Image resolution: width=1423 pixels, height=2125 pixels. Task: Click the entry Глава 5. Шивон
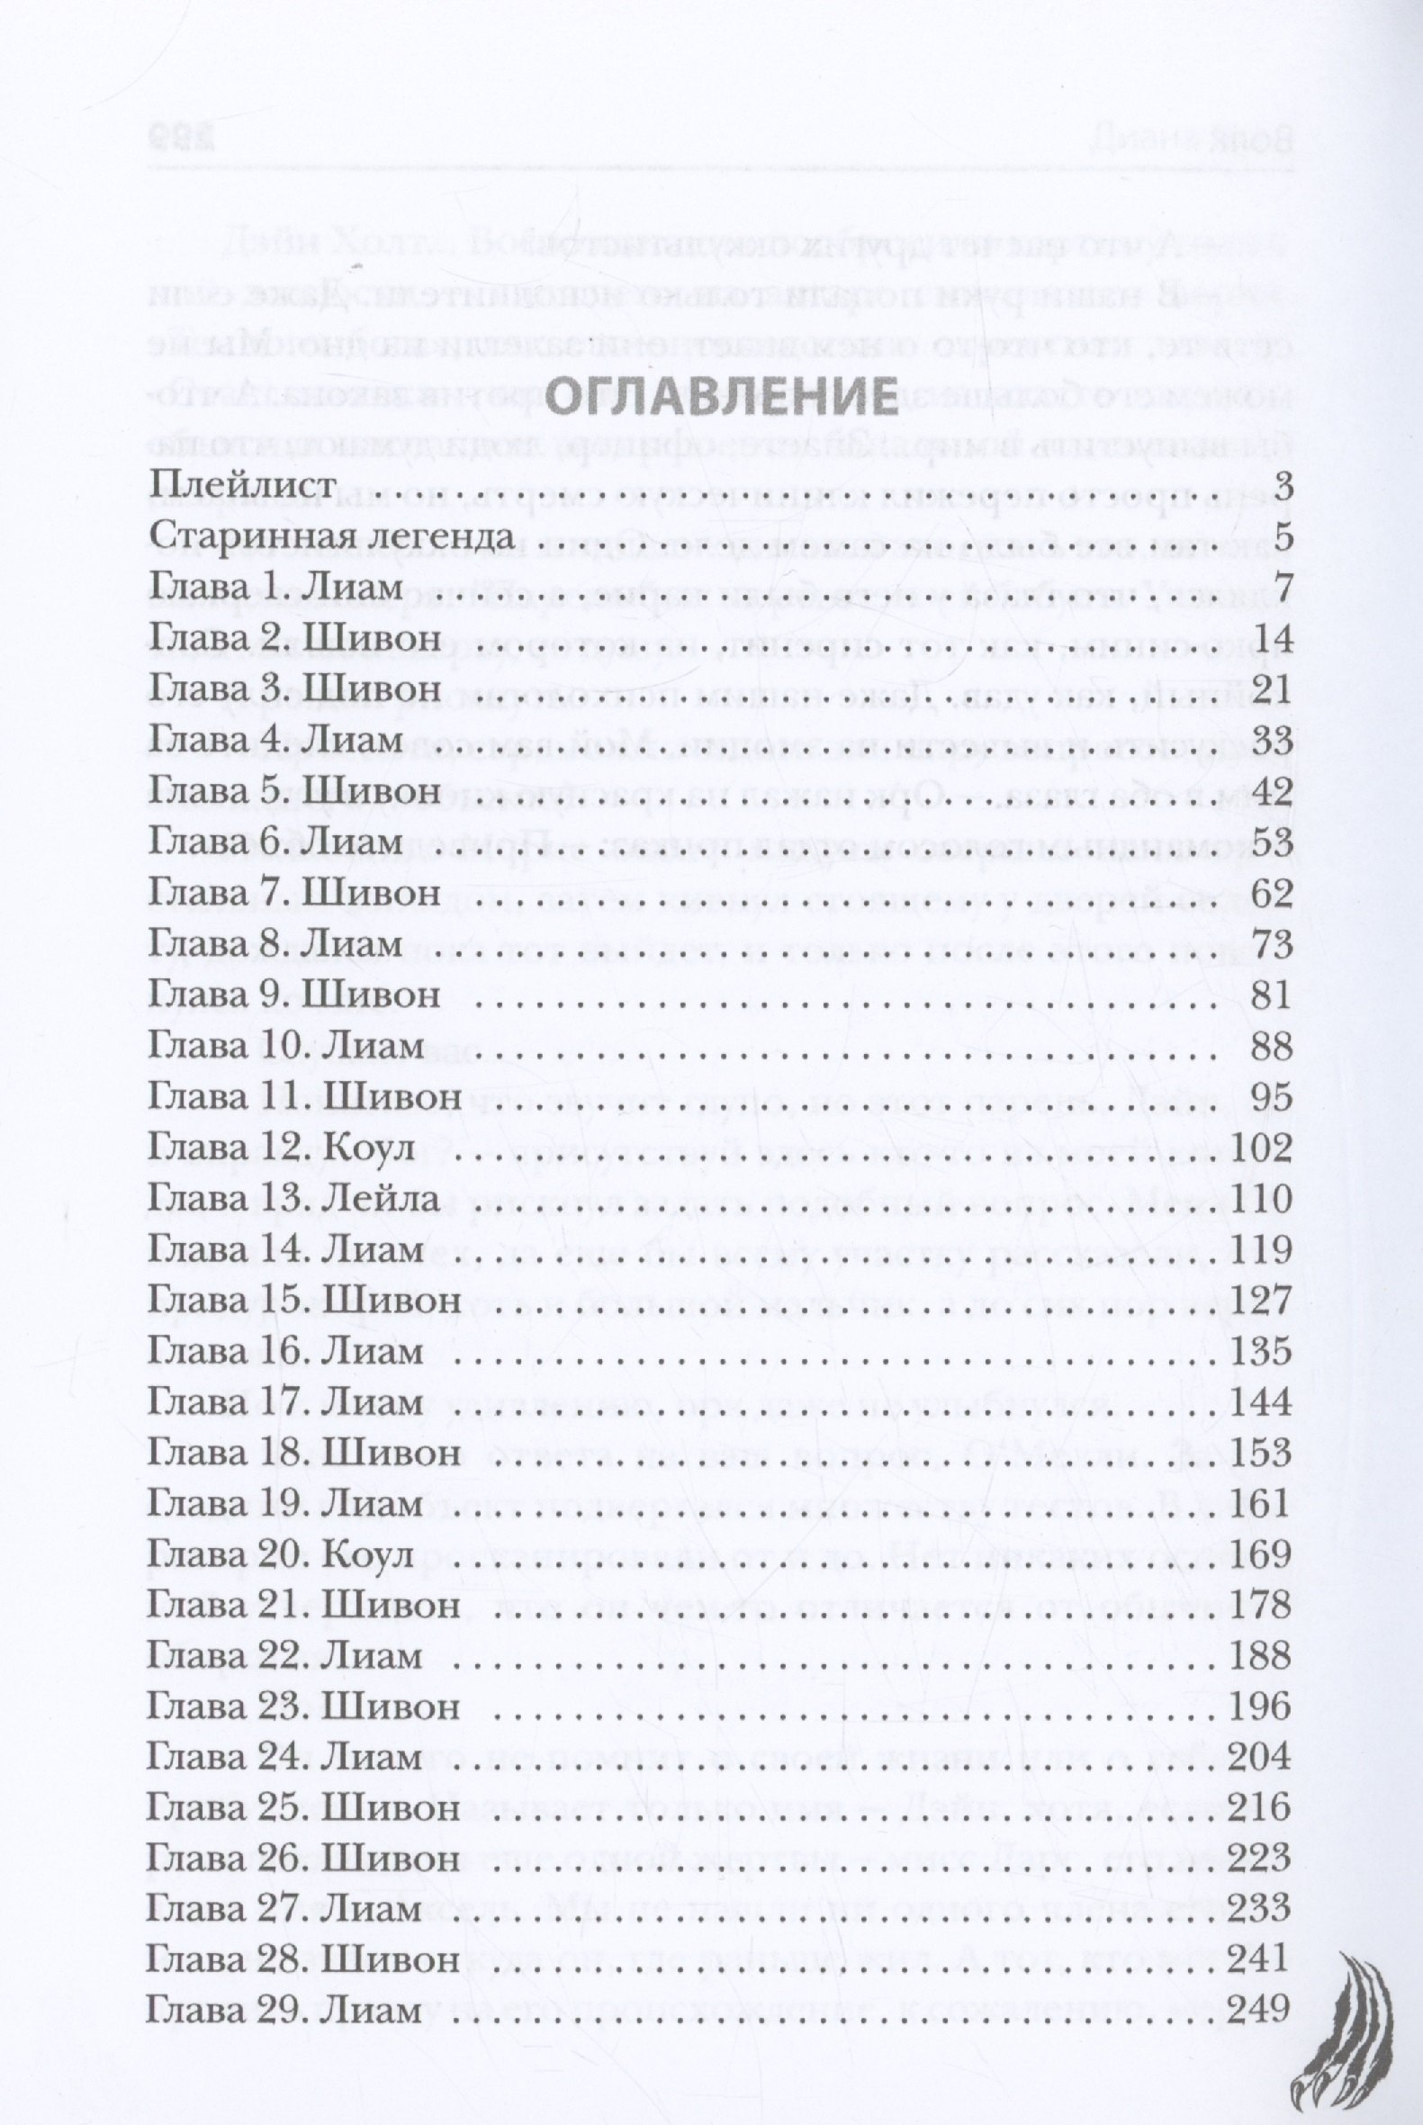(293, 791)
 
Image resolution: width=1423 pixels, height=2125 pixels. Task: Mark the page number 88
(1270, 1047)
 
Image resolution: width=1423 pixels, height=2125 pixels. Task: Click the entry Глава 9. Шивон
(293, 995)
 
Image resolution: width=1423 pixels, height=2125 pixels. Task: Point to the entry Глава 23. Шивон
(303, 1707)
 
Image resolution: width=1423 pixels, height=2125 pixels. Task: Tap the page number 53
(1270, 843)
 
